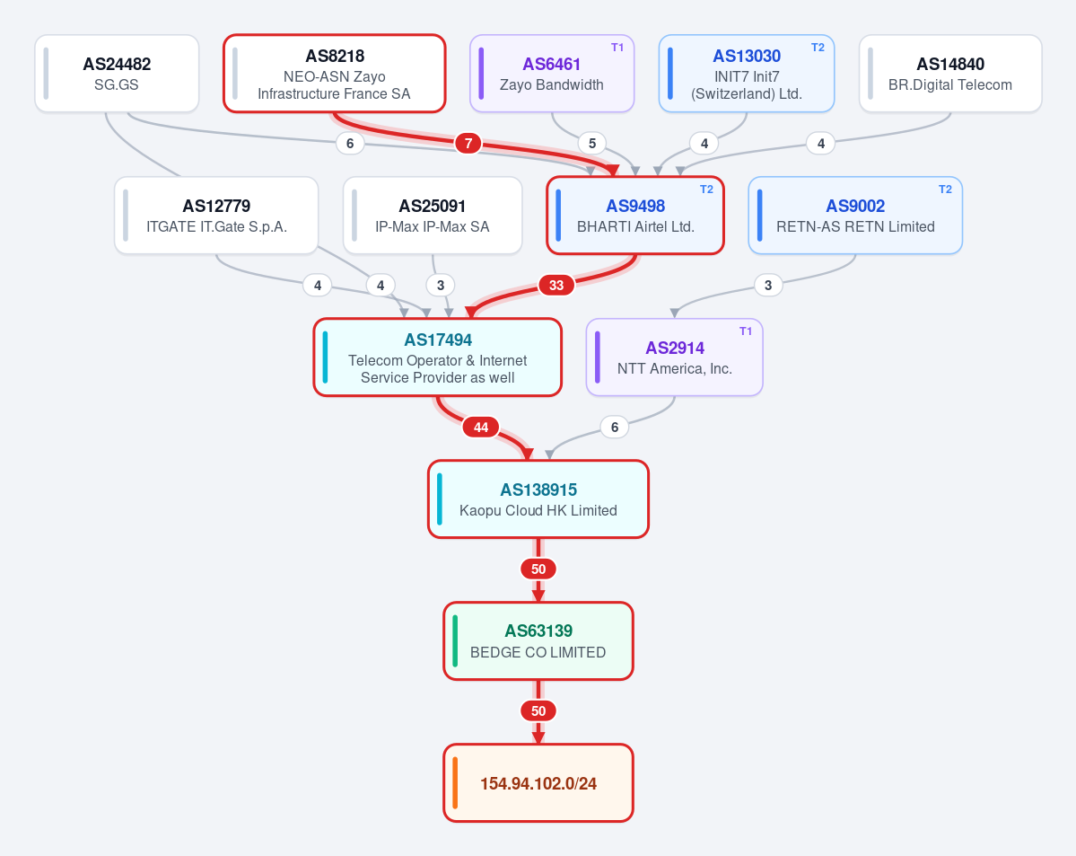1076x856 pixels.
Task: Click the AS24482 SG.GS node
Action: [117, 74]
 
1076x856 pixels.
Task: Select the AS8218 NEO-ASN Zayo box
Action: [334, 74]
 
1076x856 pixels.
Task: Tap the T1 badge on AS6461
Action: [617, 48]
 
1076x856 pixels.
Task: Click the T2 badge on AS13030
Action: [818, 48]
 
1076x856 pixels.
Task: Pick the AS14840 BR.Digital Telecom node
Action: [950, 74]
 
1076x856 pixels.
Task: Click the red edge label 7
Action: [468, 144]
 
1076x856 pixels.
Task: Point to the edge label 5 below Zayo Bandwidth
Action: [592, 144]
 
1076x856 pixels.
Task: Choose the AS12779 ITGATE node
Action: [216, 216]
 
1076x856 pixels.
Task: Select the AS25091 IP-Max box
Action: [433, 216]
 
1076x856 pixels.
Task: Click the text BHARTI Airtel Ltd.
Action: [635, 226]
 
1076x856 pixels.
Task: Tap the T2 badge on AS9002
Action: [945, 190]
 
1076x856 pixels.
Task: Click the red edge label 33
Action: [556, 285]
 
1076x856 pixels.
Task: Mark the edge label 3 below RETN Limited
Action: [768, 285]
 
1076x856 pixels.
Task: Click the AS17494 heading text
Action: [438, 340]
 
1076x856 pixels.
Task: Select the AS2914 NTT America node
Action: [675, 357]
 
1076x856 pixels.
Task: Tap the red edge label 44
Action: [481, 428]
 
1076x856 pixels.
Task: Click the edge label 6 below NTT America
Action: [614, 428]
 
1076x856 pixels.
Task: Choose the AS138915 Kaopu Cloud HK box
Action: [538, 499]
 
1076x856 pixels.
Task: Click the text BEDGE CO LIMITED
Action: [538, 653]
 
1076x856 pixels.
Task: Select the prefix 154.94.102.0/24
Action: [538, 783]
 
